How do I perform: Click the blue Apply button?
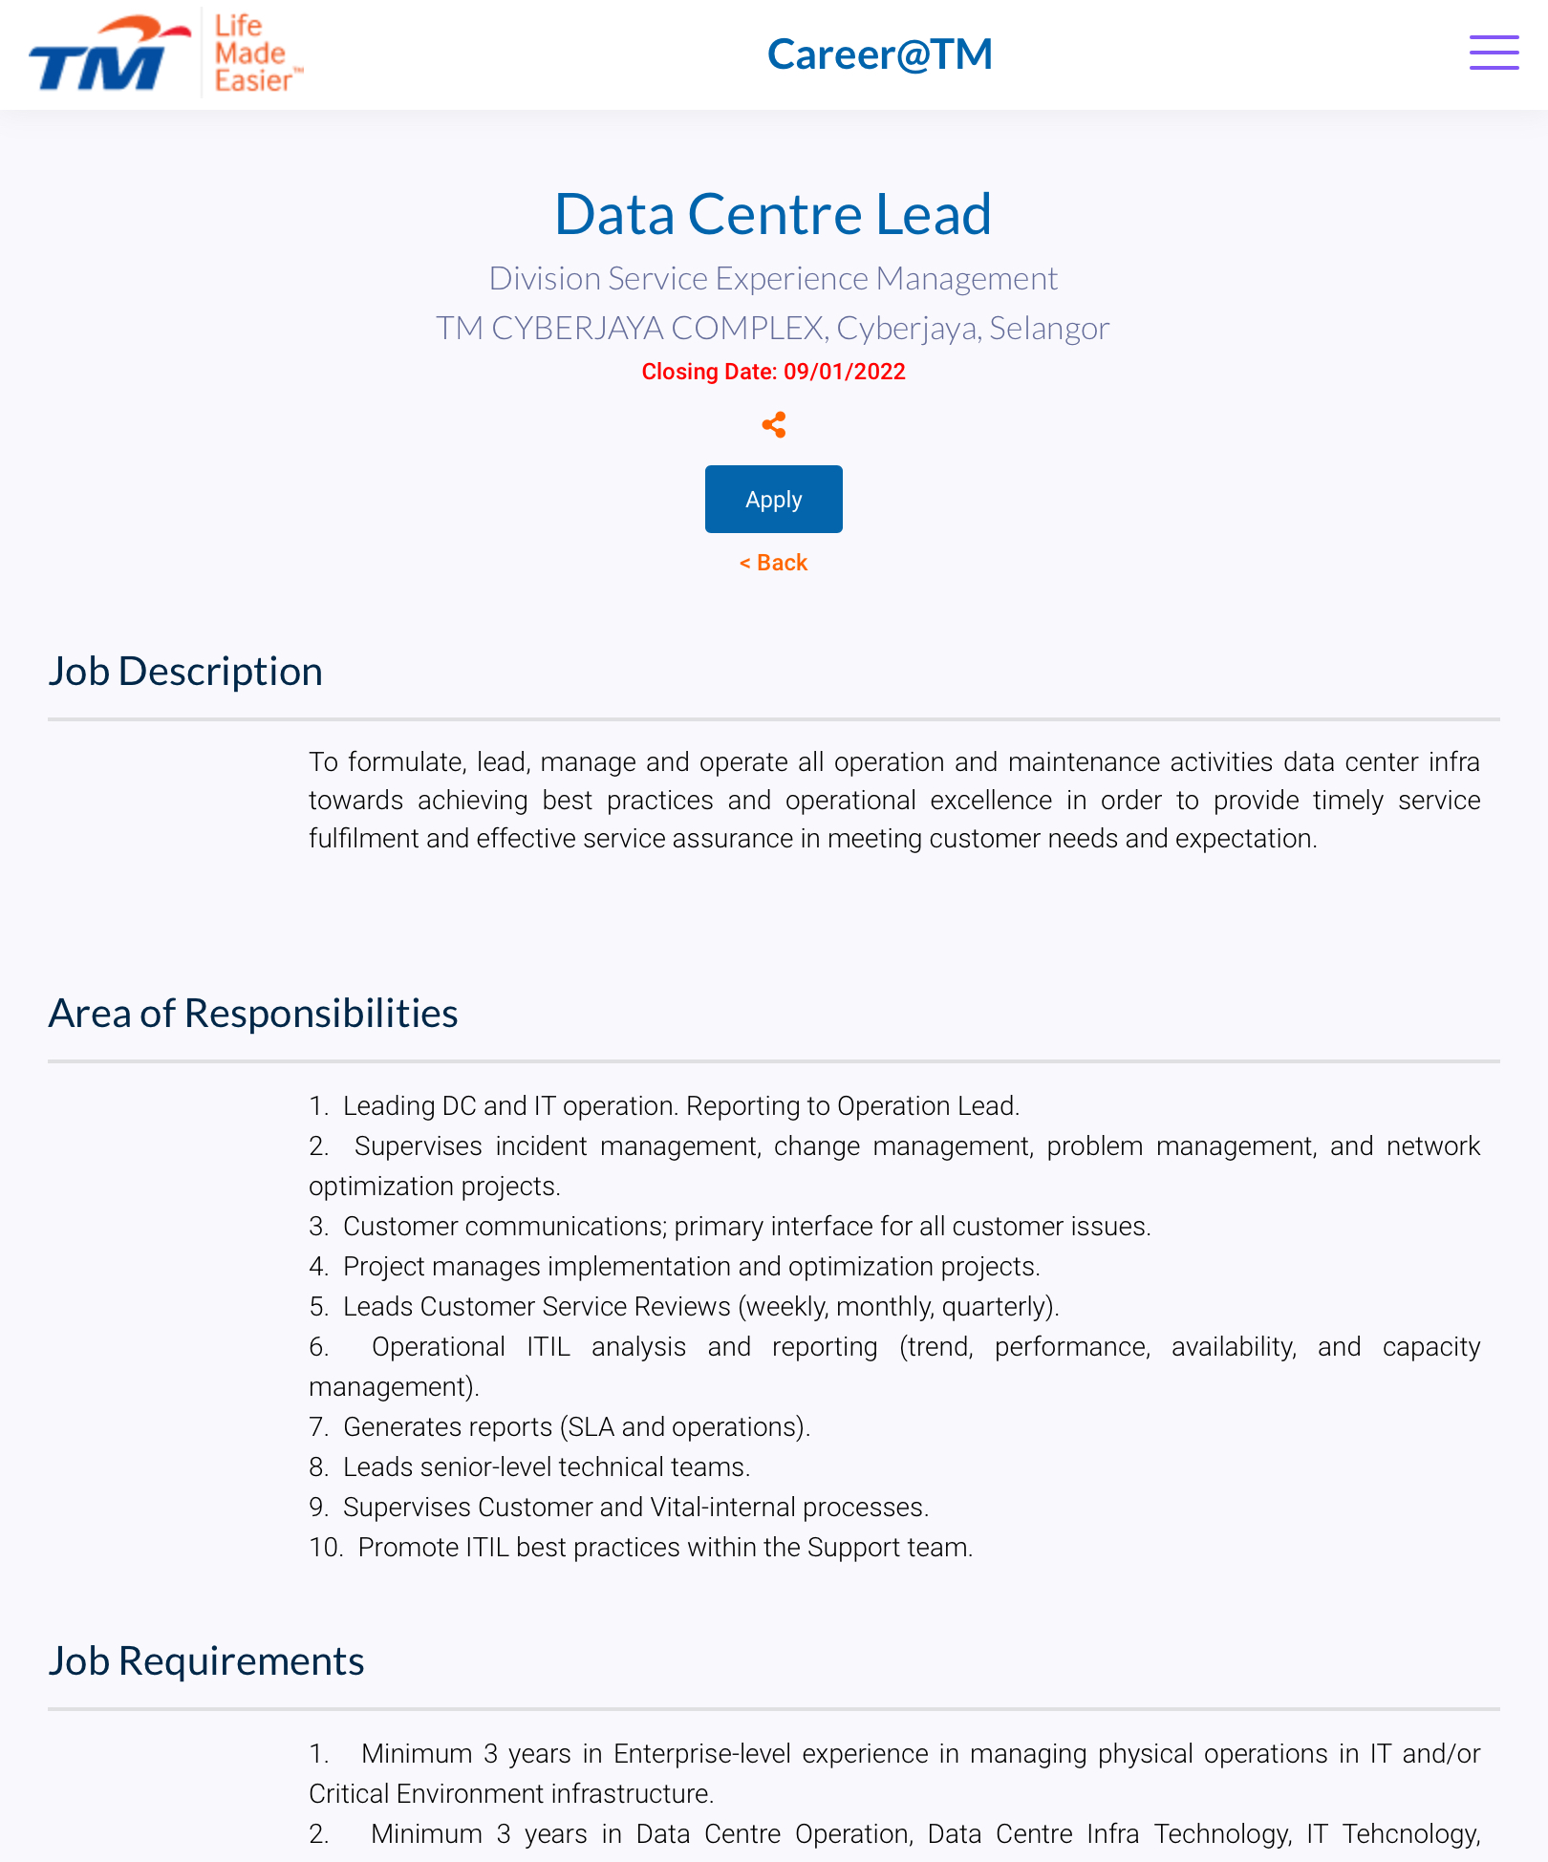tap(773, 499)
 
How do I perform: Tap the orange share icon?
tap(774, 424)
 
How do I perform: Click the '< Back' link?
tap(773, 563)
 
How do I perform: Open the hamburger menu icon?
tap(1494, 53)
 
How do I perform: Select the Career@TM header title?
tap(879, 54)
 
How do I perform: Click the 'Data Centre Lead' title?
tap(773, 213)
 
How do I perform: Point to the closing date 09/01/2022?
tap(844, 372)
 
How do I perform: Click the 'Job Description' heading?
tap(185, 671)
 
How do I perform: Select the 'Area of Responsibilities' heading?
tap(253, 1013)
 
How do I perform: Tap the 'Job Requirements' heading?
tap(206, 1660)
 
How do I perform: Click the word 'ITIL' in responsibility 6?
tap(548, 1346)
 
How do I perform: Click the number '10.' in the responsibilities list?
tap(326, 1547)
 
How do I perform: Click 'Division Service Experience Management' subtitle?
tap(773, 278)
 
